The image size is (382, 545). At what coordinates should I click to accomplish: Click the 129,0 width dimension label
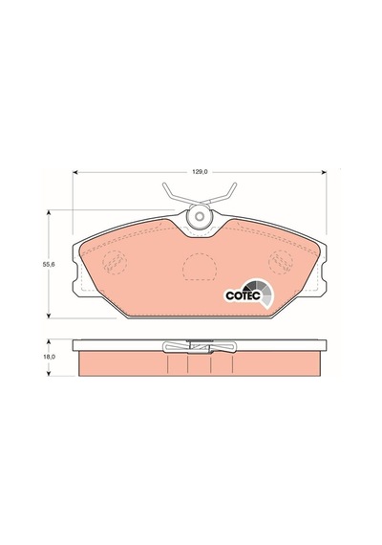coord(200,172)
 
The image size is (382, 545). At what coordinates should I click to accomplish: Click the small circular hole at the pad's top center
coord(199,216)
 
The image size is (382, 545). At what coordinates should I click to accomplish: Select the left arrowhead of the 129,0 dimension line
coord(74,172)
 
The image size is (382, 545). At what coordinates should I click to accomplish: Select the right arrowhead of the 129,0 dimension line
coord(324,172)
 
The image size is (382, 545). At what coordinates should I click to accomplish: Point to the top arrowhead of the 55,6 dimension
coord(49,212)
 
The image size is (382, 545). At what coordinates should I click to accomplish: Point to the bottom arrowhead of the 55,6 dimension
coord(49,316)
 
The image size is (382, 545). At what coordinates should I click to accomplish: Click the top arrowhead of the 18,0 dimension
coord(49,342)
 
